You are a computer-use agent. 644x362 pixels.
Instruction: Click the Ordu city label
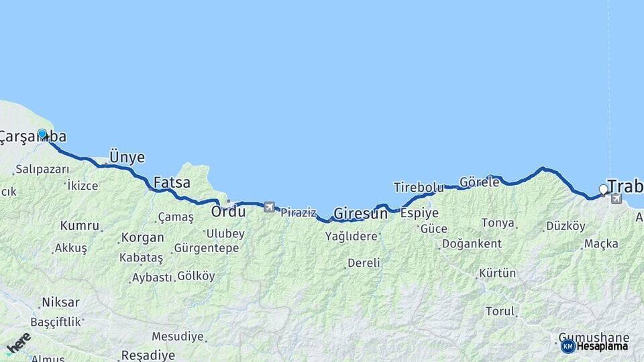coord(228,211)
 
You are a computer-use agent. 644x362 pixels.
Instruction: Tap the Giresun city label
coord(360,214)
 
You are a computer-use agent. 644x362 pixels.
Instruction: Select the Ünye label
coord(126,158)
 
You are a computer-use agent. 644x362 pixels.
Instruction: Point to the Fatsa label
coord(172,182)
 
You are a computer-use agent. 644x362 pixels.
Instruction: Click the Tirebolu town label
coord(419,187)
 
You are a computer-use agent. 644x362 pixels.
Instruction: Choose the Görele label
coord(479,182)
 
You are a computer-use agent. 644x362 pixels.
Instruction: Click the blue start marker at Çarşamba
coord(42,134)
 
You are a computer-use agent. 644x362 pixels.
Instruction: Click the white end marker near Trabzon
coord(603,190)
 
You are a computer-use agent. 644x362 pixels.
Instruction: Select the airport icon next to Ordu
coord(269,207)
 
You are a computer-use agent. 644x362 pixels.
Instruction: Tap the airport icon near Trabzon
coord(616,198)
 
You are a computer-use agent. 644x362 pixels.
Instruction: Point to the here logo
coord(19,343)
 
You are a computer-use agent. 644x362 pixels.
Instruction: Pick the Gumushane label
coord(594,337)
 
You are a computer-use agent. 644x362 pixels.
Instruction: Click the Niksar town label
coord(60,302)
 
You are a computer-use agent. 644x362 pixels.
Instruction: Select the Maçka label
coord(600,244)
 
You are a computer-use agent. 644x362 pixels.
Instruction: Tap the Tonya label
coord(498,223)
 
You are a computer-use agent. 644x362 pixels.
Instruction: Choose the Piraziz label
coord(298,213)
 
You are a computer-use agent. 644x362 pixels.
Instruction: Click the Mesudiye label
coord(177,336)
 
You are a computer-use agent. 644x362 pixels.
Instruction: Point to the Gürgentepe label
coord(206,248)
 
